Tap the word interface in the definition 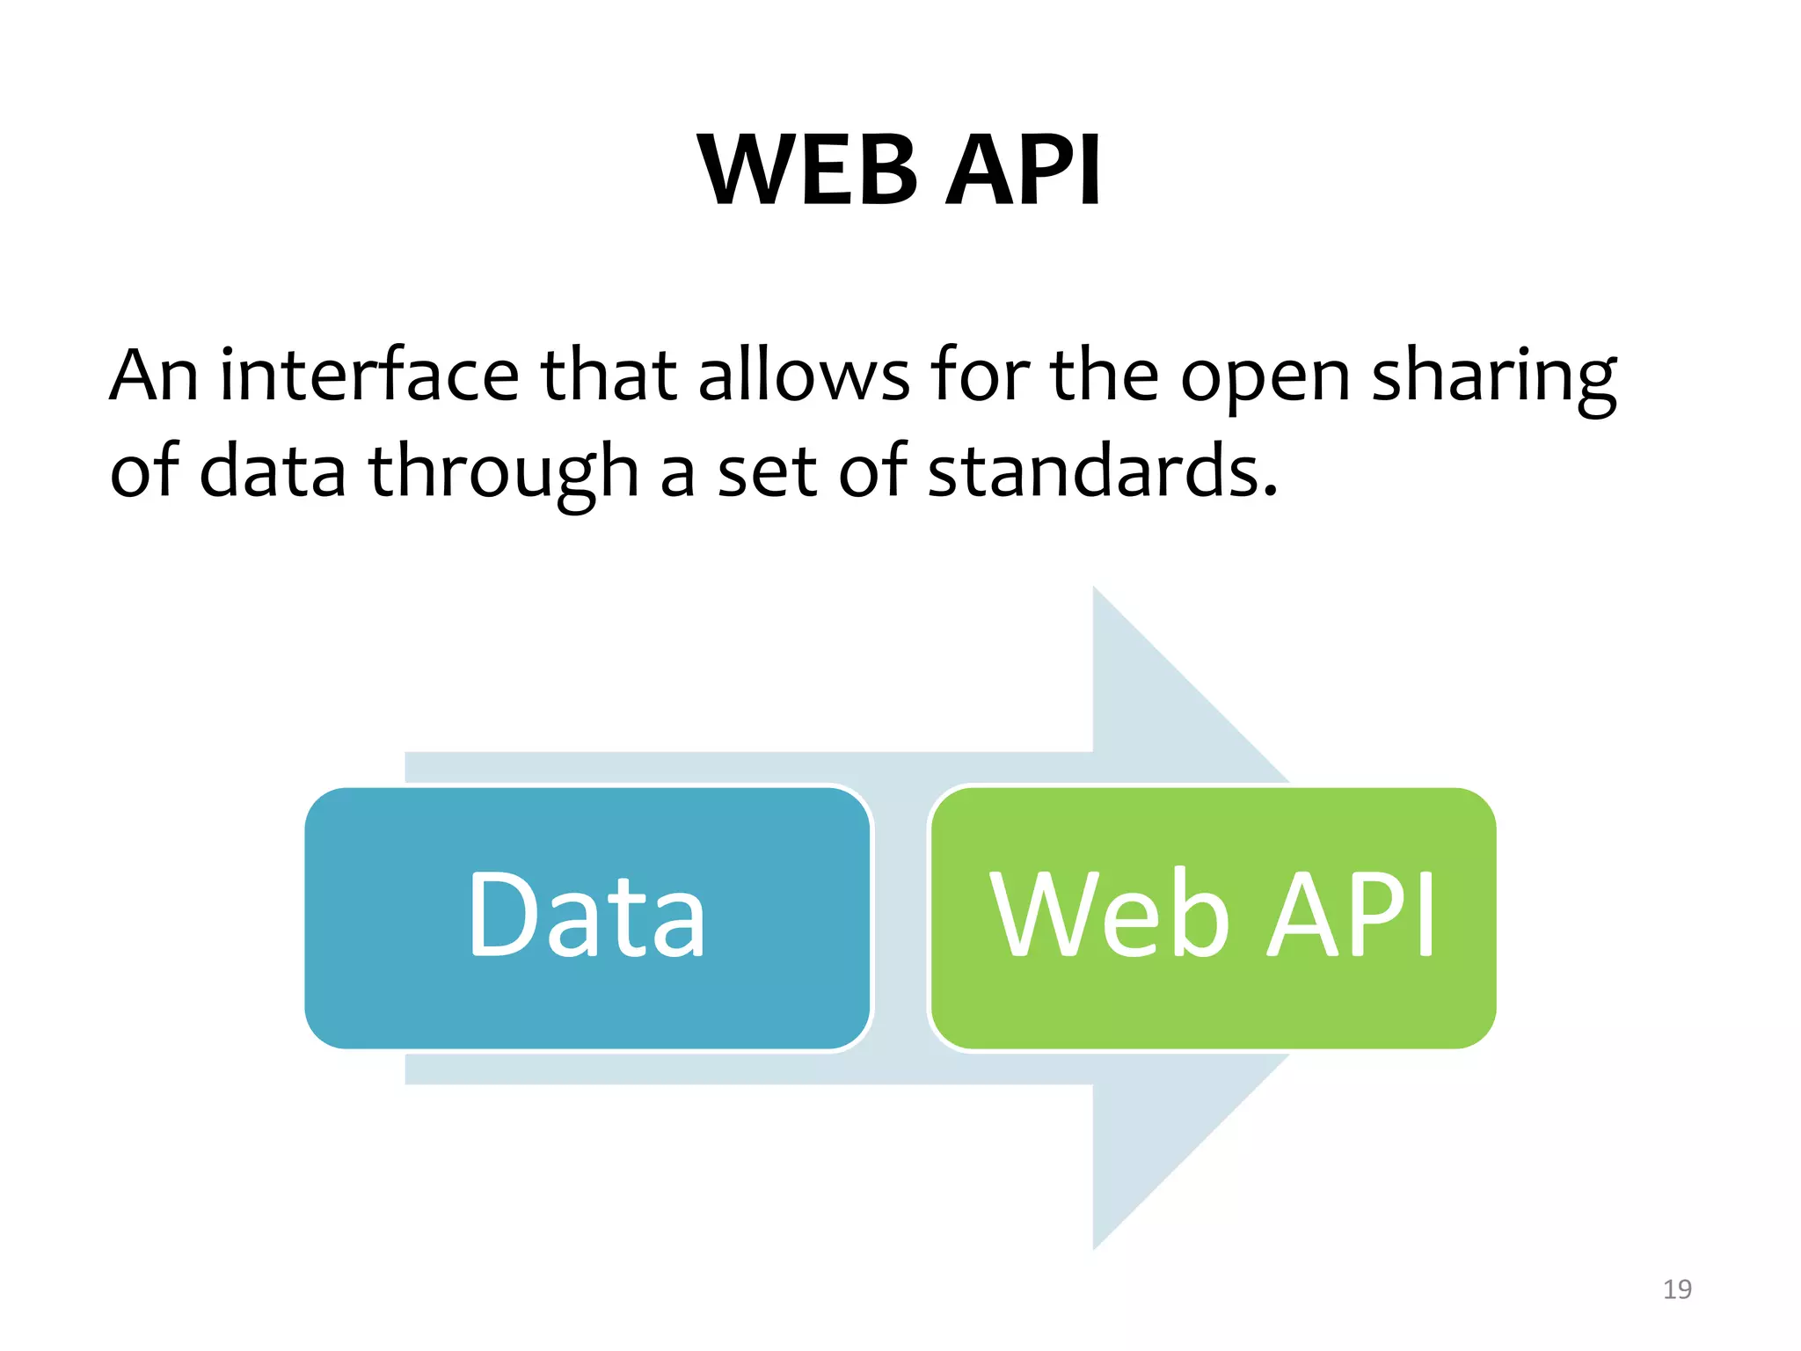pos(369,376)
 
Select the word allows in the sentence pos(804,376)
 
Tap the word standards pos(1102,471)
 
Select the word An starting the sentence pos(154,376)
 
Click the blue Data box pos(587,1011)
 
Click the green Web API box pos(1213,1011)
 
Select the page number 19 pos(1677,1289)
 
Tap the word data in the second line pos(273,471)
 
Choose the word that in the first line pos(608,376)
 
